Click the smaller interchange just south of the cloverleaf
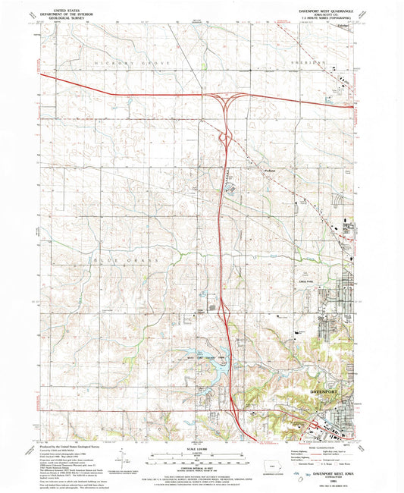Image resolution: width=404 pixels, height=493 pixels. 225,138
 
